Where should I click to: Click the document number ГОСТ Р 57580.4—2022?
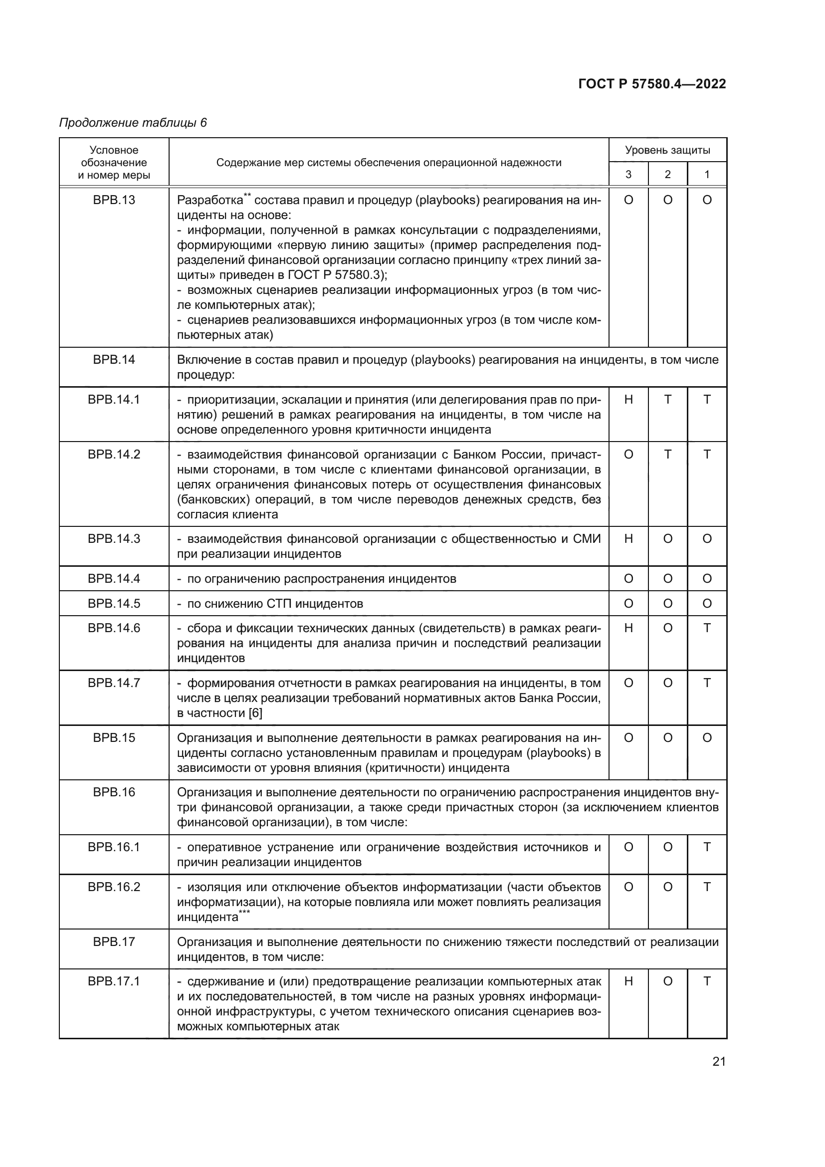(652, 84)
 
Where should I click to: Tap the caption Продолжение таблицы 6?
(133, 123)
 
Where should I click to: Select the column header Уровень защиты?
(667, 150)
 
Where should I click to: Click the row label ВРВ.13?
(114, 200)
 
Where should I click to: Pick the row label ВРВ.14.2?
(114, 454)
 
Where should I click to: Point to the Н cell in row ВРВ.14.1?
(628, 400)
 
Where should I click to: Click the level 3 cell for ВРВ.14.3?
(628, 538)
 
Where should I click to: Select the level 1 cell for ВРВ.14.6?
(707, 628)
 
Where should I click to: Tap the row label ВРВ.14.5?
(114, 603)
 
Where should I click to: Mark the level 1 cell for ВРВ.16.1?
(707, 847)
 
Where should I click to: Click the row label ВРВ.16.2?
(114, 887)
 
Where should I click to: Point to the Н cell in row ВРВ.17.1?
(628, 981)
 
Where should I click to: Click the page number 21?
(719, 1061)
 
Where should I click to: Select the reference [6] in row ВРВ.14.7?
(255, 712)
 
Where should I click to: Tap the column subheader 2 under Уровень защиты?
(667, 174)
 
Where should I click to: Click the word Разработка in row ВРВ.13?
(210, 200)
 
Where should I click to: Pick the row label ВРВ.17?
(114, 941)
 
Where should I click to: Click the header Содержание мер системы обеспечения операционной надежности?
(389, 163)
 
